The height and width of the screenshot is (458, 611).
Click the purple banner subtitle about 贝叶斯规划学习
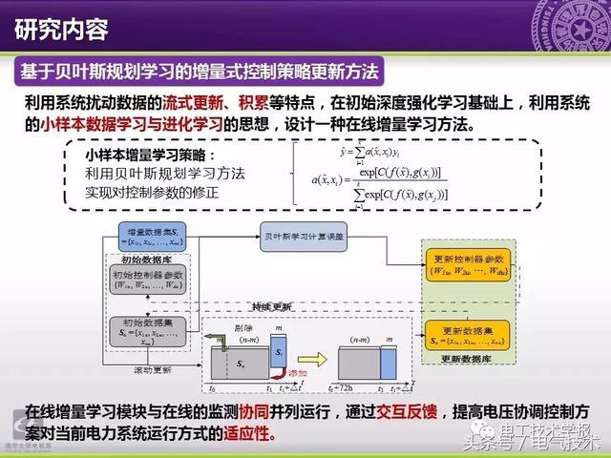click(201, 72)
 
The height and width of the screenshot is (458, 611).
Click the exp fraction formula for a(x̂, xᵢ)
click(382, 178)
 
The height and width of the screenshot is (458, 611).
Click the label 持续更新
click(273, 306)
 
